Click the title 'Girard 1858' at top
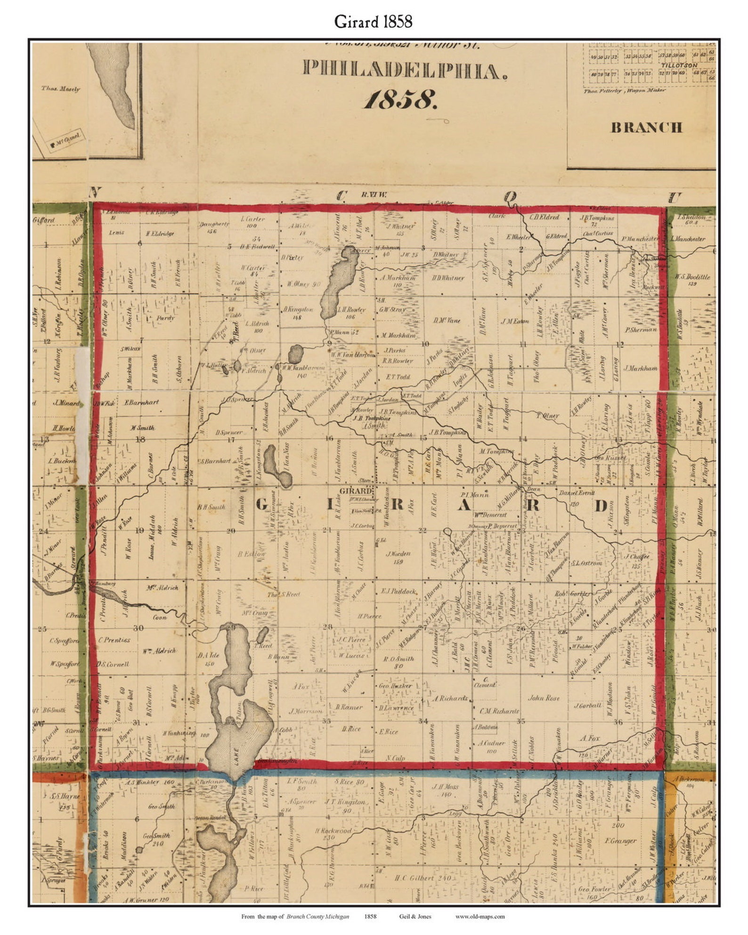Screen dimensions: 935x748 [373, 21]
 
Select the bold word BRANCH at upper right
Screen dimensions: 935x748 [646, 128]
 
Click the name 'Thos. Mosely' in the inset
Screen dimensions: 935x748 [61, 89]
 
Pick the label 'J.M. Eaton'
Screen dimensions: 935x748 [515, 321]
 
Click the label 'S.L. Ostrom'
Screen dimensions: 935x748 [587, 563]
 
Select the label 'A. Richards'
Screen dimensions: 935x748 [450, 698]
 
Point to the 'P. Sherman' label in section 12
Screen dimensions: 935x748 [640, 330]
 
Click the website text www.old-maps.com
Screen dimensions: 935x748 [480, 916]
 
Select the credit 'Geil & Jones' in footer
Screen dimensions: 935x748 [415, 916]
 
